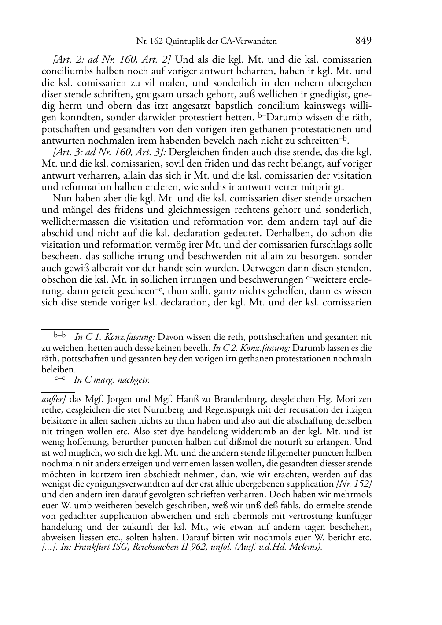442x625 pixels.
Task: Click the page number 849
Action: click(x=363, y=41)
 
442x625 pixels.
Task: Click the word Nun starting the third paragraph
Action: click(x=62, y=199)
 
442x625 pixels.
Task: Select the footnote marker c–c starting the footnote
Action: click(x=59, y=379)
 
